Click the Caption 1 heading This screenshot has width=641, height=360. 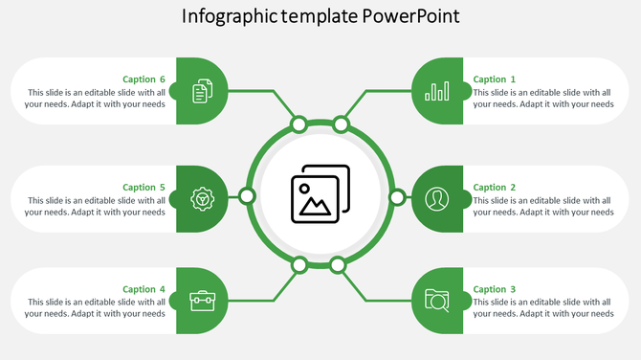(x=495, y=79)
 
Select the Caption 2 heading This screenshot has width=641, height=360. (x=495, y=188)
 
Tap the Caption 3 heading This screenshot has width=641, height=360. (x=495, y=289)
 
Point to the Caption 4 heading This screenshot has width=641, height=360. (x=144, y=289)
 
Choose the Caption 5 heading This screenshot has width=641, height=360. (x=144, y=188)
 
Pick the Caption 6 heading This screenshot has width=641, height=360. (x=144, y=79)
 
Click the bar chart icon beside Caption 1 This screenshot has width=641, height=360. (x=437, y=91)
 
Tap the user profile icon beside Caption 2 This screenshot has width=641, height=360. (x=437, y=198)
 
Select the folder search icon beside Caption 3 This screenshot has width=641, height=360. (x=437, y=300)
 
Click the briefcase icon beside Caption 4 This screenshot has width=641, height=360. (x=202, y=300)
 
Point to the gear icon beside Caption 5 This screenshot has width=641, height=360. (x=202, y=198)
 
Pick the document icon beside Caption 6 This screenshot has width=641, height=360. (x=202, y=91)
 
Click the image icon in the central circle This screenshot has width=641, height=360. (x=320, y=196)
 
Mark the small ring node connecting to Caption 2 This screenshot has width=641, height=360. (x=397, y=197)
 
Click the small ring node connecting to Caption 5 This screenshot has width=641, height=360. (x=247, y=196)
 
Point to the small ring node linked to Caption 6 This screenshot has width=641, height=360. (x=298, y=124)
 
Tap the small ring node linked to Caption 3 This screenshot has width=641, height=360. (x=337, y=264)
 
